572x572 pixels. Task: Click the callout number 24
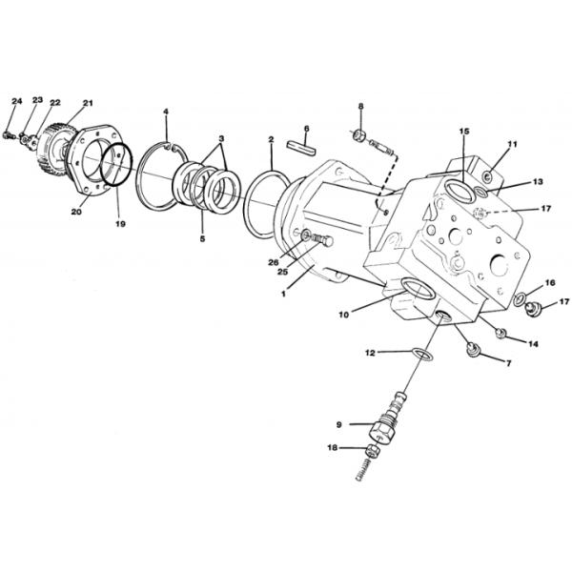coord(16,100)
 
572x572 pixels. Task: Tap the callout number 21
coord(88,103)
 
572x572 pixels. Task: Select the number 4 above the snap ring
coord(166,112)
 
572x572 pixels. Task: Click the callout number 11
coord(512,144)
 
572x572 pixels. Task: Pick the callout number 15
coord(464,131)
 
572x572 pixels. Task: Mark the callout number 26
coord(274,264)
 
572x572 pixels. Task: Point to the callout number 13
coord(538,181)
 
